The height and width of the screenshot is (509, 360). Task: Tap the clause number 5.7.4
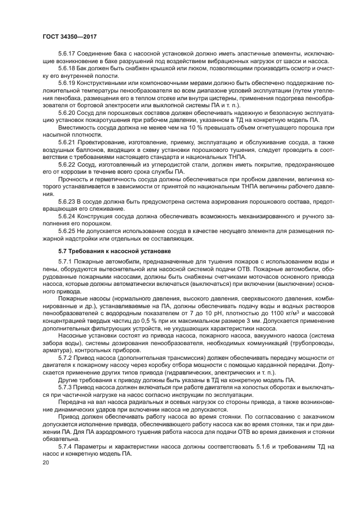[65, 446]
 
